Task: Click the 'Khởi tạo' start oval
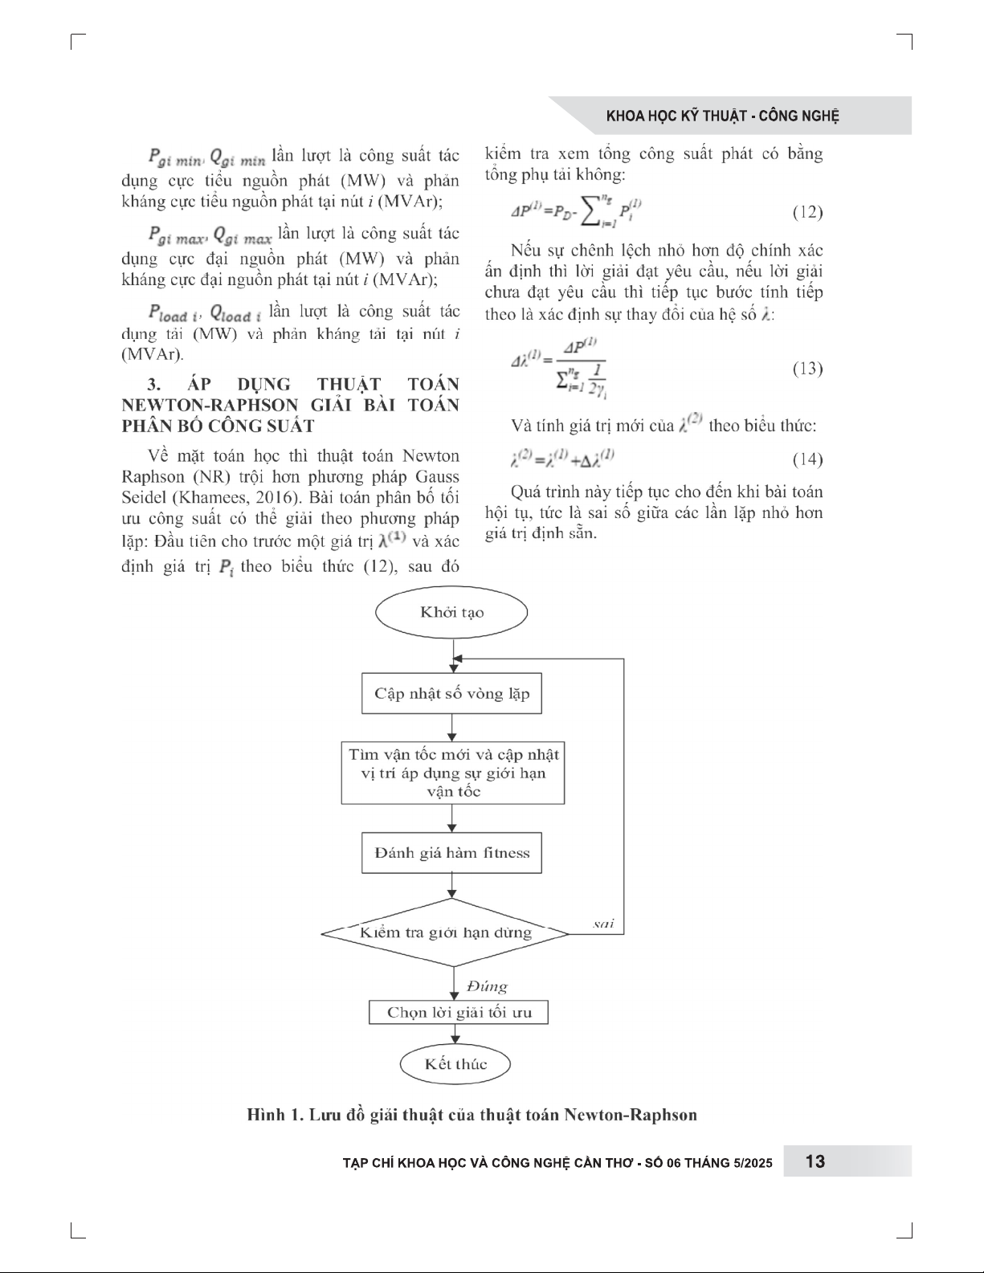click(451, 613)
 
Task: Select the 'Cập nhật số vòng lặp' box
click(451, 694)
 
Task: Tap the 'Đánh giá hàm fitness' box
click(451, 853)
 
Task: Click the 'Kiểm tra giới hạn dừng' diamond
click(446, 933)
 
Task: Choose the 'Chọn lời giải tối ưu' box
click(459, 1012)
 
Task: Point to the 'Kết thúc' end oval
click(455, 1064)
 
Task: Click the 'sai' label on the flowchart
click(603, 924)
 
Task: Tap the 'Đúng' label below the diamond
click(487, 986)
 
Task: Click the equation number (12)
click(806, 213)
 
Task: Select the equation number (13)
click(806, 369)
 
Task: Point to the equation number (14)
click(806, 459)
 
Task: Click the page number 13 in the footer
click(815, 1161)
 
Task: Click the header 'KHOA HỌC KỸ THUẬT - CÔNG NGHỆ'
click(722, 116)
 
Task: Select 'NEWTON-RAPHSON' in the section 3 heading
click(208, 405)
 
